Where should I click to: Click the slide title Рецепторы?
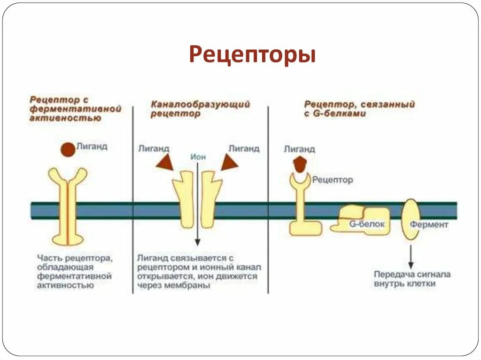coord(252,54)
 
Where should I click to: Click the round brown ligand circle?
coord(68,149)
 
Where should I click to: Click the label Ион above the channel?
coord(198,157)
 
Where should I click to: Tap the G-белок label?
coord(367,224)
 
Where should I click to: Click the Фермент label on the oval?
coord(428,224)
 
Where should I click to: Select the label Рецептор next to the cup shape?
coord(333,180)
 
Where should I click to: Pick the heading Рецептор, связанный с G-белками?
coord(359,109)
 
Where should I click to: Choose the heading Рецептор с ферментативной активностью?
coord(75,109)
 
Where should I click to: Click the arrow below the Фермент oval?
coord(411,256)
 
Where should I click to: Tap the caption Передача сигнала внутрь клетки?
coord(411,279)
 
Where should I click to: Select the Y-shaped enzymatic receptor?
coord(68,207)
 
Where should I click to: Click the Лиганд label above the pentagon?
coord(299,149)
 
